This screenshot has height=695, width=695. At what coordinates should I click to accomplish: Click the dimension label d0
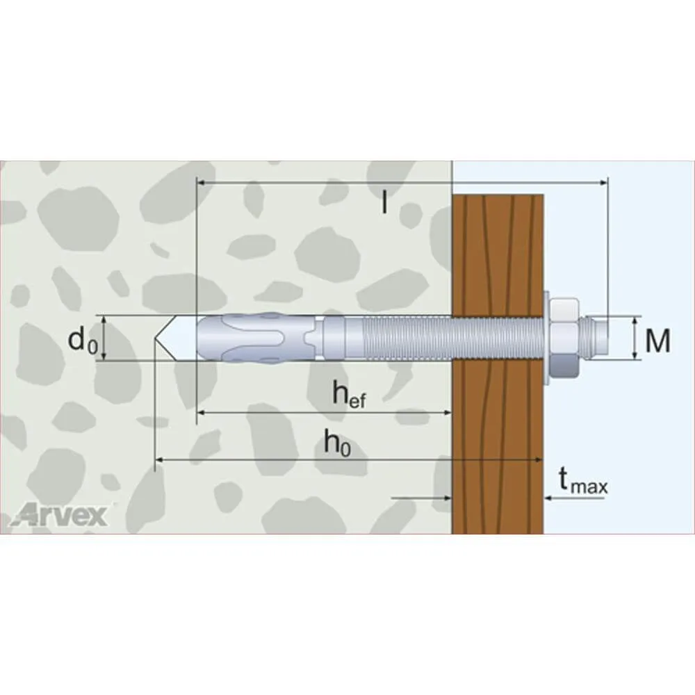coord(83,341)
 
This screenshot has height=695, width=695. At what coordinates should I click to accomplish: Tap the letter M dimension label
coord(657,341)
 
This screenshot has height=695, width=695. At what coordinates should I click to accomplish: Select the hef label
coord(350,393)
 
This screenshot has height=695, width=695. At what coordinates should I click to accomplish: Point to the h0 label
coord(337,443)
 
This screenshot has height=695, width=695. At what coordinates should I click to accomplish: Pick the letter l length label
coord(384,202)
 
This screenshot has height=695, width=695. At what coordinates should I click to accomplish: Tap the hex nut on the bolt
coord(564,339)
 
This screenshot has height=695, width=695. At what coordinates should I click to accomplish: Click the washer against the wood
coord(546,338)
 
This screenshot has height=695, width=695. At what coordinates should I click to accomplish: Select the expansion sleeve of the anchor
coord(257,338)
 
